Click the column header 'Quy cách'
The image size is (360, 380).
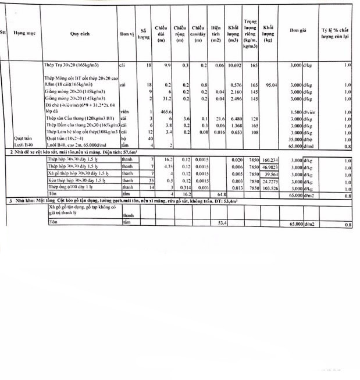(79, 34)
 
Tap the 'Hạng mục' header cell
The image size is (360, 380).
(24, 34)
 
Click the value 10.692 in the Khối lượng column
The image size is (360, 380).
(233, 66)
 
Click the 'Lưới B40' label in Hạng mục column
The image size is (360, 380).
(22, 145)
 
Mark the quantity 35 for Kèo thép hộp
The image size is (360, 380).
(149, 180)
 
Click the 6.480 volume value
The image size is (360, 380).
(234, 118)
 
